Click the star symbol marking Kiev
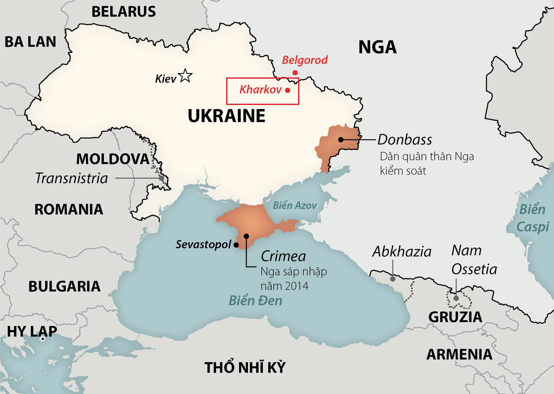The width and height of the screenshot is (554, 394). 185,76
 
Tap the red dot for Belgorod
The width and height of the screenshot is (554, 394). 295,73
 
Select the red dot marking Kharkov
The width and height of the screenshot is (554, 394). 288,91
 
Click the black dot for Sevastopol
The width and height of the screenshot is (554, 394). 236,245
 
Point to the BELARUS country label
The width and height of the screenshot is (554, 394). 123,12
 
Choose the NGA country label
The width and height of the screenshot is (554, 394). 377,47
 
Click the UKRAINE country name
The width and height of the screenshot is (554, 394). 226,116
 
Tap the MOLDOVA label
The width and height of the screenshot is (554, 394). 113,159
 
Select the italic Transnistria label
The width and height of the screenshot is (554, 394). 71,178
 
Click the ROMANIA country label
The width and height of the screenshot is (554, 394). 69,209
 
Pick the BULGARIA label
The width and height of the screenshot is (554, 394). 64,286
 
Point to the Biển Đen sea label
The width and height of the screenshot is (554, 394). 255,301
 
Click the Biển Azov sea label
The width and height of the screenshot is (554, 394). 295,206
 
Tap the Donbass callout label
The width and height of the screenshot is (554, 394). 404,139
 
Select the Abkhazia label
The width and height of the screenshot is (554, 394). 402,252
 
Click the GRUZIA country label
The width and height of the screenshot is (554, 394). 455,317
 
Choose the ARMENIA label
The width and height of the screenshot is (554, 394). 459,354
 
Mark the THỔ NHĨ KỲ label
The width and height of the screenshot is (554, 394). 245,368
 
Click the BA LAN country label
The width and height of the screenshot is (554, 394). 30,42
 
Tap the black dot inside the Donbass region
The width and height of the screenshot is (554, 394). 341,139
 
